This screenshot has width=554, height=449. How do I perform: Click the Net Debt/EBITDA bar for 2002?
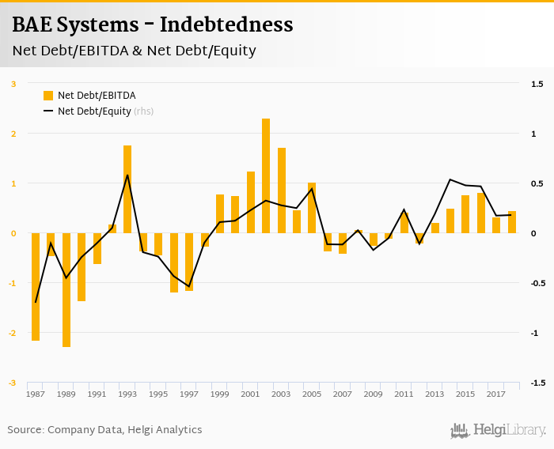266,175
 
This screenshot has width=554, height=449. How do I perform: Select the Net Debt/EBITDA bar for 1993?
127,189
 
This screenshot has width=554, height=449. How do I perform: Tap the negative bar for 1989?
66,289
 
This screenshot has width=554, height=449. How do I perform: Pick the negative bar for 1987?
36,286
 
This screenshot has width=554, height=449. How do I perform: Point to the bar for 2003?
282,190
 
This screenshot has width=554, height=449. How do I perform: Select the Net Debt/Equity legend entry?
98,111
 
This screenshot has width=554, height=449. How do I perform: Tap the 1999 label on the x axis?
220,394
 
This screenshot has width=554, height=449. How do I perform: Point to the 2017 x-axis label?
496,394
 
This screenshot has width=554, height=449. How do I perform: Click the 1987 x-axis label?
36,394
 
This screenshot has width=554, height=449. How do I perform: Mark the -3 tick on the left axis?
12,383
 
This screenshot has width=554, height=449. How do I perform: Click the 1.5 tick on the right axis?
537,84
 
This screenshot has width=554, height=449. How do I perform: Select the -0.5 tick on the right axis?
537,283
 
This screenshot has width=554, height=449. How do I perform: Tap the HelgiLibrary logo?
498,430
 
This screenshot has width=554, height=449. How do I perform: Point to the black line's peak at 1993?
127,175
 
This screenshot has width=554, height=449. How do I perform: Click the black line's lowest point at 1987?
36,302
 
